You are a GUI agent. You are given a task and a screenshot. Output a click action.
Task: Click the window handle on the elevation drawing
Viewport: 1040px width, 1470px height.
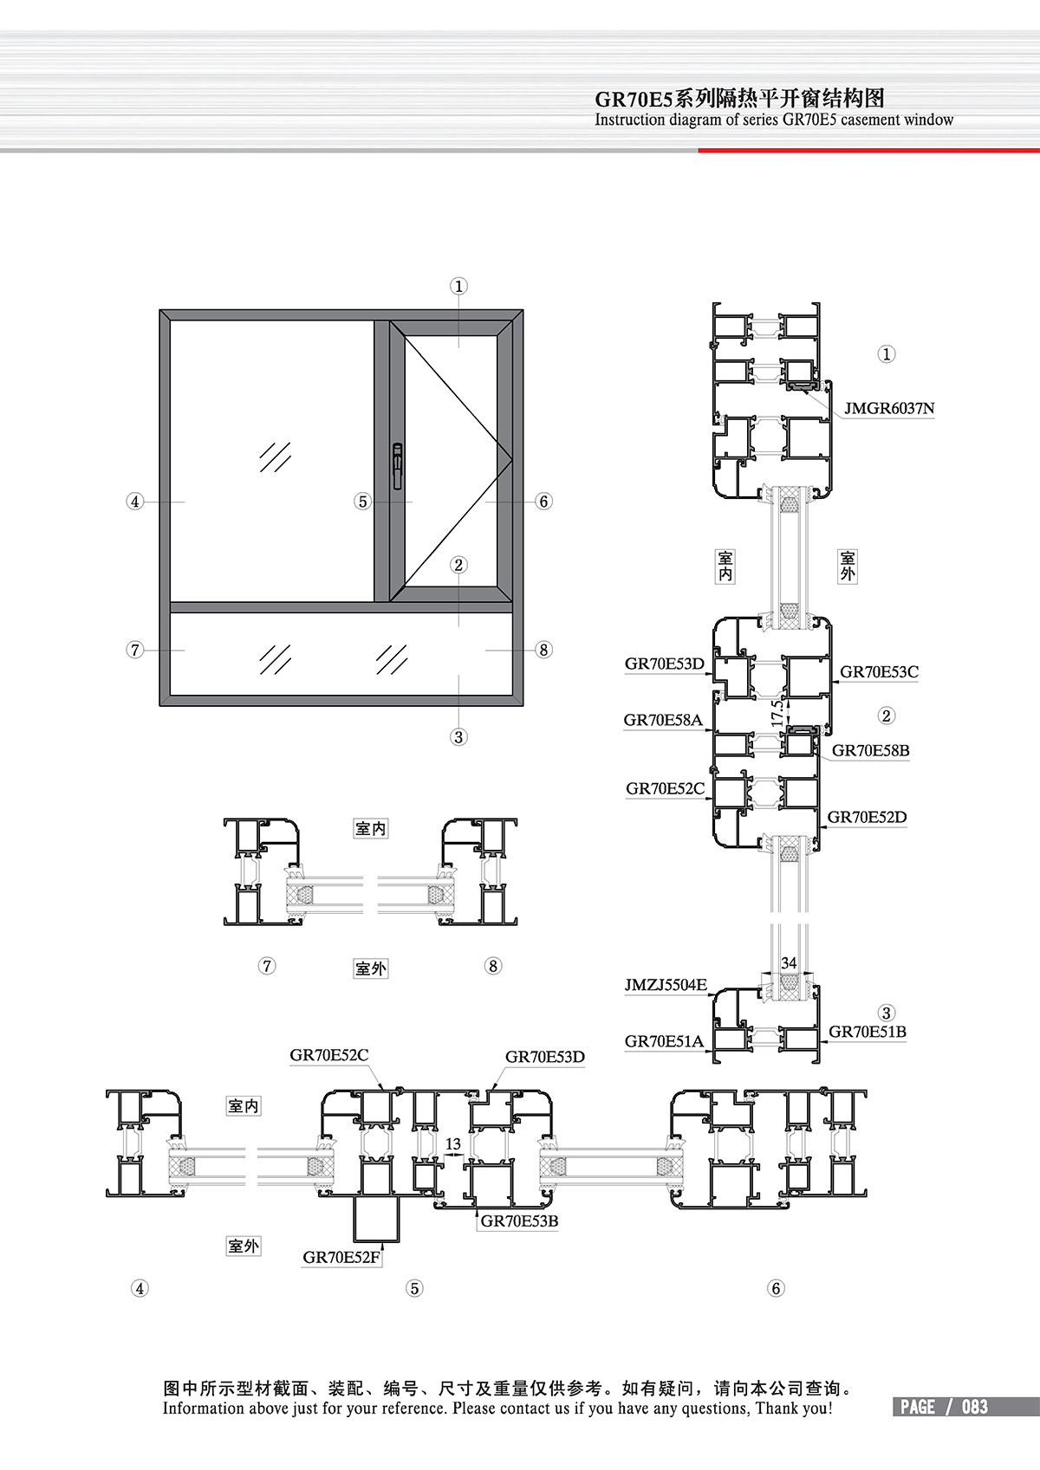397,466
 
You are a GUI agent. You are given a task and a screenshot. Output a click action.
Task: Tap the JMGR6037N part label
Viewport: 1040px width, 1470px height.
889,408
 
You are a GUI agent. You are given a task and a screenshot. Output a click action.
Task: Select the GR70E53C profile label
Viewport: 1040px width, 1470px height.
879,672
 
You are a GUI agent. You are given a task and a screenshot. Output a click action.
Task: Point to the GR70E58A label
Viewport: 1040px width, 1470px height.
662,720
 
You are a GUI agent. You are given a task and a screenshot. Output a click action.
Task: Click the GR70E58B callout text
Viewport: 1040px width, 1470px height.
871,751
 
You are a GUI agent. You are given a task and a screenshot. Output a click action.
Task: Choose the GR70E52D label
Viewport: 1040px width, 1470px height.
867,817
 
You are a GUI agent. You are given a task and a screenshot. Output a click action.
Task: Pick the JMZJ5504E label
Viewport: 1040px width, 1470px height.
665,985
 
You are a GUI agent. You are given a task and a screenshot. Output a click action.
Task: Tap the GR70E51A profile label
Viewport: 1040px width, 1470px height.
664,1041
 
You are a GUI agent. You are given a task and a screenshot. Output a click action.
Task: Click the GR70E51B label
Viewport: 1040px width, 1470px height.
868,1032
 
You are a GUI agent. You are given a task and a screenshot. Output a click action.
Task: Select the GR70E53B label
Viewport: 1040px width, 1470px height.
519,1221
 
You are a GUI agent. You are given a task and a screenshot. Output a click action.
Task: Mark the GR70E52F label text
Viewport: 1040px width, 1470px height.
341,1258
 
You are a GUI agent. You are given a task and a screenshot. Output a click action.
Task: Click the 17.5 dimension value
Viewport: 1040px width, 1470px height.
777,713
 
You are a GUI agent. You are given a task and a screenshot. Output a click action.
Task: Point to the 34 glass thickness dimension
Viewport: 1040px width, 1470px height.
789,962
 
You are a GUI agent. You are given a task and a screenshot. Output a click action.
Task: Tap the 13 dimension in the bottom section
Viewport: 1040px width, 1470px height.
453,1143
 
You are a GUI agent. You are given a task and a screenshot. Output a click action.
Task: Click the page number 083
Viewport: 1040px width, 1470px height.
975,1407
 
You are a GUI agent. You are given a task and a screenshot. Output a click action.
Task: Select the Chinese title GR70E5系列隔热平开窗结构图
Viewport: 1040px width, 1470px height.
739,99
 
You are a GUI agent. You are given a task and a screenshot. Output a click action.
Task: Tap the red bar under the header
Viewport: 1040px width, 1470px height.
868,150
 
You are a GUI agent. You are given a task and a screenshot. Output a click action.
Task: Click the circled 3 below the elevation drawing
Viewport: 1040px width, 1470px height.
458,737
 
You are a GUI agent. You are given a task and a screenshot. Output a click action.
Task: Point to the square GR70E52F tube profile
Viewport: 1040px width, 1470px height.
376,1219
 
